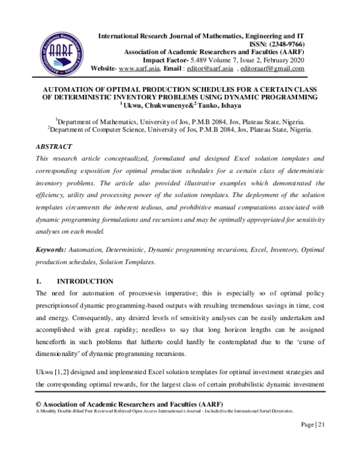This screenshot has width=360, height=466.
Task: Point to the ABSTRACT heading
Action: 54,147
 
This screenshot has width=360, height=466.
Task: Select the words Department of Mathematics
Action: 100,120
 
